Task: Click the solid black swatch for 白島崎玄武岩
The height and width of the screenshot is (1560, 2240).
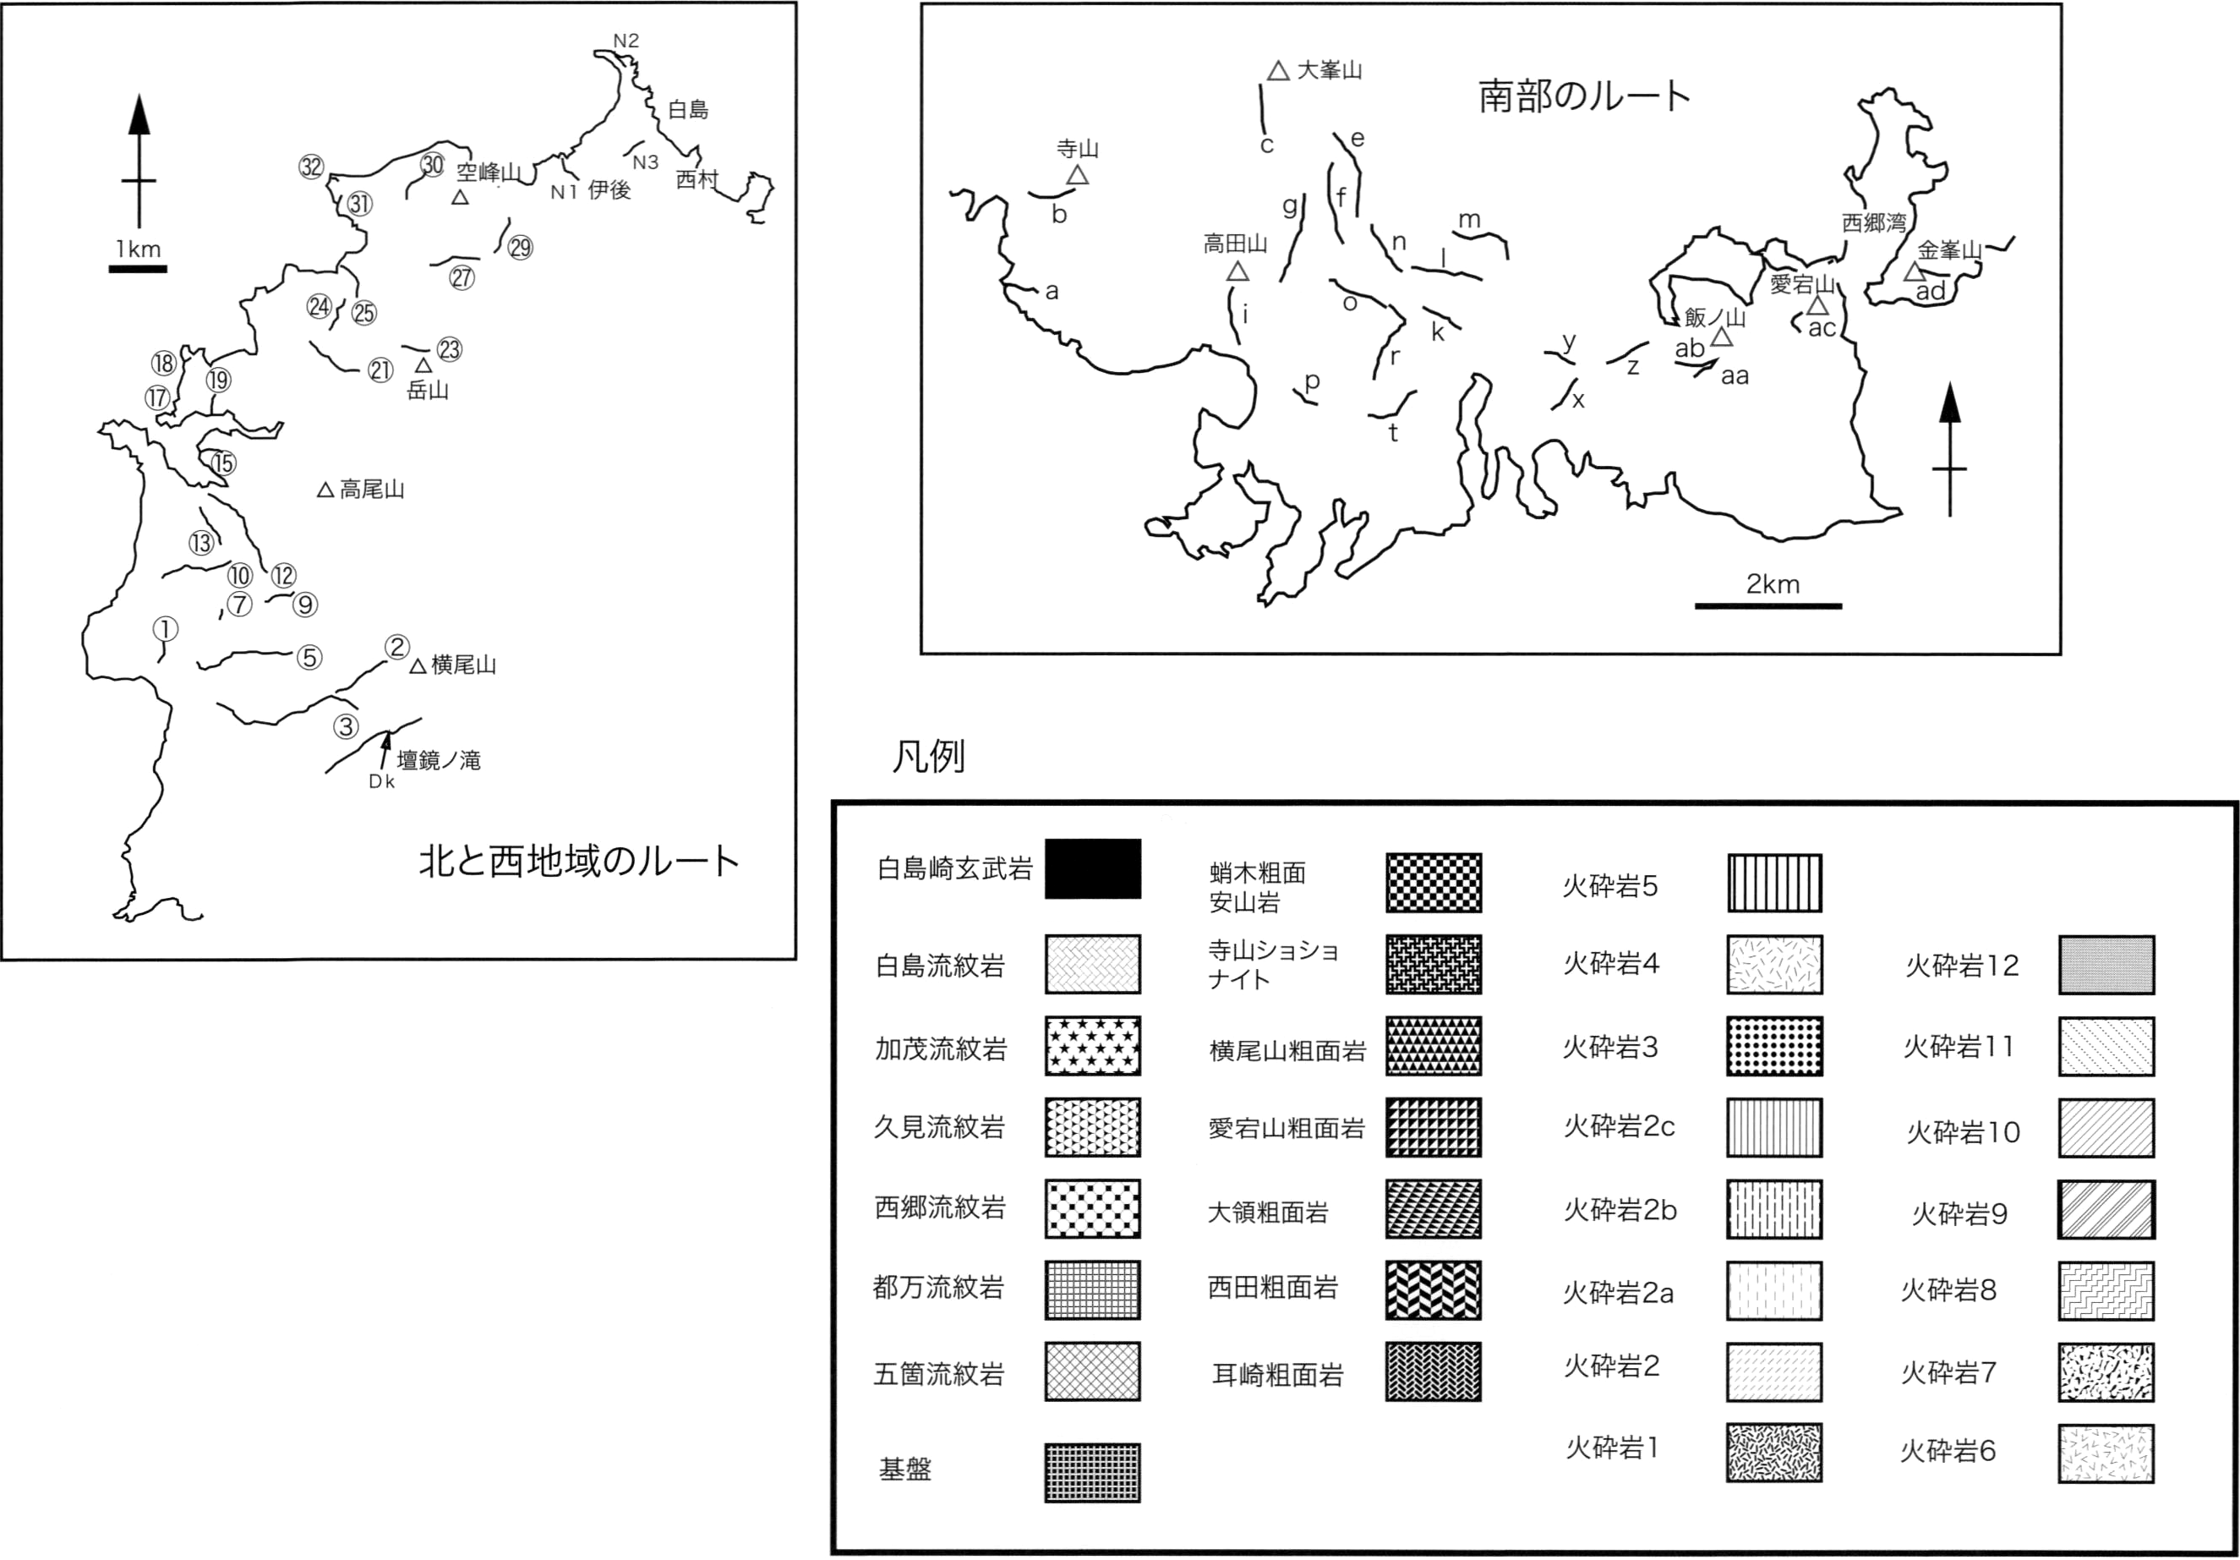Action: (x=1093, y=868)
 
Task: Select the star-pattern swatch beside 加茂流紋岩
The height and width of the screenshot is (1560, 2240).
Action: (x=1093, y=1046)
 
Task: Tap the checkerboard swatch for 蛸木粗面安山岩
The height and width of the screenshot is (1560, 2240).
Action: (x=1433, y=883)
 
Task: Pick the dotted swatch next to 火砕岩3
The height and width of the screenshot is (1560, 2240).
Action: (x=1773, y=1046)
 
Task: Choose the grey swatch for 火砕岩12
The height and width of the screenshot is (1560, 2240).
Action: (x=2107, y=965)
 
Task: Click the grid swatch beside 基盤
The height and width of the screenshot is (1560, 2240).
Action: (x=1093, y=1473)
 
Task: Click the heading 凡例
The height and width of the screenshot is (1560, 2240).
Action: (x=929, y=756)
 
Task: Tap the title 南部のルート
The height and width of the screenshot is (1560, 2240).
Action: (x=1584, y=96)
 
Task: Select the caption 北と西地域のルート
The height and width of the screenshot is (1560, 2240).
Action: (x=578, y=862)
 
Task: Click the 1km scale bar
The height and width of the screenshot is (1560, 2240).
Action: (x=138, y=268)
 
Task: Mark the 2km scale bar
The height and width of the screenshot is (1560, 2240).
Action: (x=1767, y=606)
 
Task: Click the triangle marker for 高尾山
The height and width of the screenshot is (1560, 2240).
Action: (x=325, y=490)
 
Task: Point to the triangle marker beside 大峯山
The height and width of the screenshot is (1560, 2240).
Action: (x=1278, y=70)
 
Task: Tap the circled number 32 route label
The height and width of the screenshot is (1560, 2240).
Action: (x=311, y=167)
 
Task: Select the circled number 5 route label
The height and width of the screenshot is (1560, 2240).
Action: (x=309, y=658)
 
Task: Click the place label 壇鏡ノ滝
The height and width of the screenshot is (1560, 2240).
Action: (x=438, y=760)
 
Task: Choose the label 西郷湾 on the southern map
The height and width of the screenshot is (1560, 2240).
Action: (x=1873, y=222)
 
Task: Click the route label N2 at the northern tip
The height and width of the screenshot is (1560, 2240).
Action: (x=626, y=41)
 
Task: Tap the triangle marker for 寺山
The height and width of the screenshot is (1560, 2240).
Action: (x=1077, y=175)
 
